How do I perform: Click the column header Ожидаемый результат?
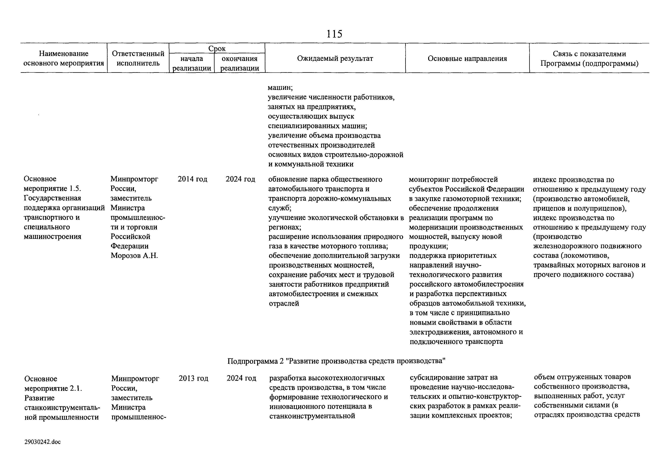point(335,59)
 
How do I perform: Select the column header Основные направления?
point(467,59)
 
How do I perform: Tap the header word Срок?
point(217,49)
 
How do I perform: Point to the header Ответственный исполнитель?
point(138,58)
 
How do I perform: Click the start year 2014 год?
point(192,179)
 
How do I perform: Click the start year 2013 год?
point(194,378)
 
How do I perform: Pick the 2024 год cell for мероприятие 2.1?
point(241,378)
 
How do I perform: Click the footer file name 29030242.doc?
point(43,442)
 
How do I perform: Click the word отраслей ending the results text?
point(284,304)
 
